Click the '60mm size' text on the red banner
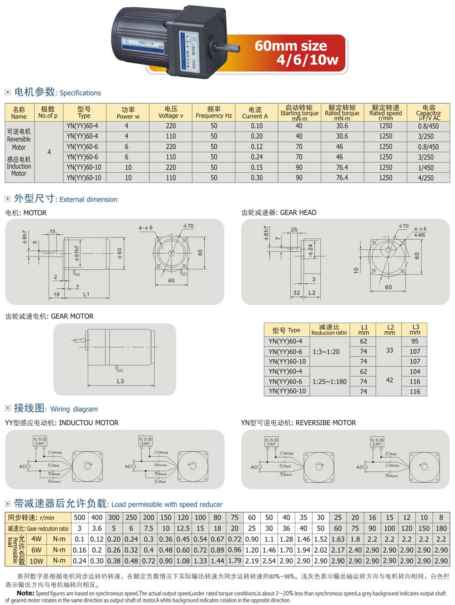tap(291, 45)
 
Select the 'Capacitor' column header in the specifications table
tap(428, 112)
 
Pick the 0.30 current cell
tap(257, 178)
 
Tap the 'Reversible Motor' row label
tap(19, 139)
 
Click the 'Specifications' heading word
tap(80, 93)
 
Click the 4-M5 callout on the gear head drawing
tap(420, 235)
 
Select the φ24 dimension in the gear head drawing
tap(311, 250)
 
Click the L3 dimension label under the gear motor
tap(120, 381)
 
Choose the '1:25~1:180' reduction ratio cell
tap(329, 381)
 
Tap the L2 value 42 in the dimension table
tap(389, 380)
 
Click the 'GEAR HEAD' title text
tap(298, 212)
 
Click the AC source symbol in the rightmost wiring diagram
tap(360, 467)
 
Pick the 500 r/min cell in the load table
tap(80, 517)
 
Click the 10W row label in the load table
tap(36, 561)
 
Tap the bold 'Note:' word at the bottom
tap(25, 593)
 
